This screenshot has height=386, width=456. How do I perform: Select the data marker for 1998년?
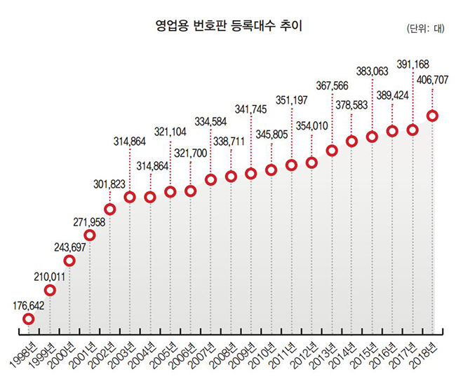28,319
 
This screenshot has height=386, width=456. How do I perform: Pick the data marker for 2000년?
69,261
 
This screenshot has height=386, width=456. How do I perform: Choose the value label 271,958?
88,222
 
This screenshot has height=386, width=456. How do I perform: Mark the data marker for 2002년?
109,209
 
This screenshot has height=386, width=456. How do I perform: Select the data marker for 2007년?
210,179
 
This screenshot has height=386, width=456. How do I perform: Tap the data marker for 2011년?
291,165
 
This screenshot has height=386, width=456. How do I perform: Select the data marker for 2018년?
433,116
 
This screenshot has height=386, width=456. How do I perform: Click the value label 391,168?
413,63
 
